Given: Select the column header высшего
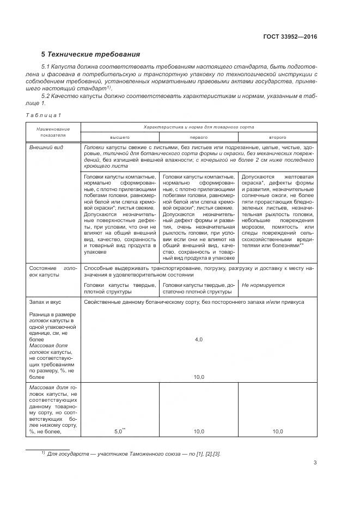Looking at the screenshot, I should [x=119, y=137].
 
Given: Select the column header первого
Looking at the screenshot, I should [x=198, y=137].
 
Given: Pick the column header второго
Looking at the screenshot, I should [x=278, y=137].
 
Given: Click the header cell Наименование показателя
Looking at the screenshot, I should [x=53, y=132].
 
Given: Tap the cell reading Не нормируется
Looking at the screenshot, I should [x=263, y=285].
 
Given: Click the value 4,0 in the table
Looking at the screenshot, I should [x=198, y=339].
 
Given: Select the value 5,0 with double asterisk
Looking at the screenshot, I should [x=119, y=431].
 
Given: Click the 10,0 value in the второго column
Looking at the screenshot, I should [x=278, y=431].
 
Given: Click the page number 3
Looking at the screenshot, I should [x=315, y=463].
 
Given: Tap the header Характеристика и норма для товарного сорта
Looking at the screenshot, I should [x=198, y=126].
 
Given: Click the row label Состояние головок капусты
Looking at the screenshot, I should [x=53, y=271].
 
